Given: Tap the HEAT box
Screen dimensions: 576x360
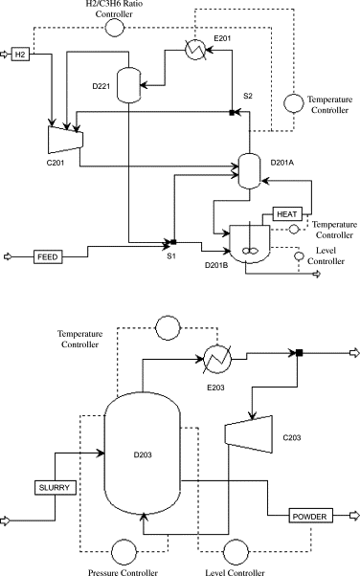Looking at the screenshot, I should pyautogui.click(x=287, y=213).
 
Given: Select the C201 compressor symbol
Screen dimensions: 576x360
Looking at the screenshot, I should pyautogui.click(x=65, y=139).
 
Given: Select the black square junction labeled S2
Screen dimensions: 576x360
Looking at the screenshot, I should pyautogui.click(x=234, y=113).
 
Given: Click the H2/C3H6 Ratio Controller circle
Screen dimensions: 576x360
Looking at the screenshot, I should pyautogui.click(x=115, y=28).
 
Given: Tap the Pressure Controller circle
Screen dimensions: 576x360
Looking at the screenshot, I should pyautogui.click(x=124, y=552).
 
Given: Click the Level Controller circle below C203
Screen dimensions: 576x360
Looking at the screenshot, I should pyautogui.click(x=236, y=552).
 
